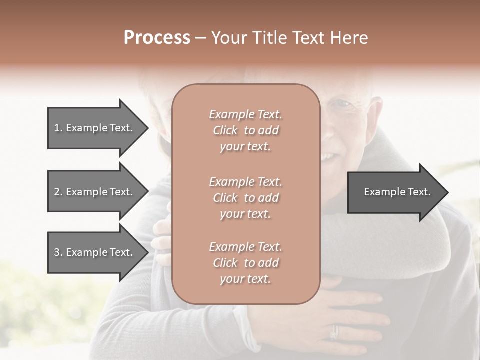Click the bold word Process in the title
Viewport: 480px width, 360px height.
click(x=157, y=38)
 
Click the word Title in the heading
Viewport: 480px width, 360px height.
click(x=270, y=38)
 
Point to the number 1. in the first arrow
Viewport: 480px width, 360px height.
click(x=58, y=128)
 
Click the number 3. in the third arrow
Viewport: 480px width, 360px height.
click(x=58, y=253)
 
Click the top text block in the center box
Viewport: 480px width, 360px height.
click(x=246, y=130)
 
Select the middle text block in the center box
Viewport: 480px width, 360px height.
click(x=246, y=198)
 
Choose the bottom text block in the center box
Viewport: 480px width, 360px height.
click(x=246, y=263)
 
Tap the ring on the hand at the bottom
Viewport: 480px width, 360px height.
click(x=334, y=331)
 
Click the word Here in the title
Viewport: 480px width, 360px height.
click(x=350, y=38)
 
